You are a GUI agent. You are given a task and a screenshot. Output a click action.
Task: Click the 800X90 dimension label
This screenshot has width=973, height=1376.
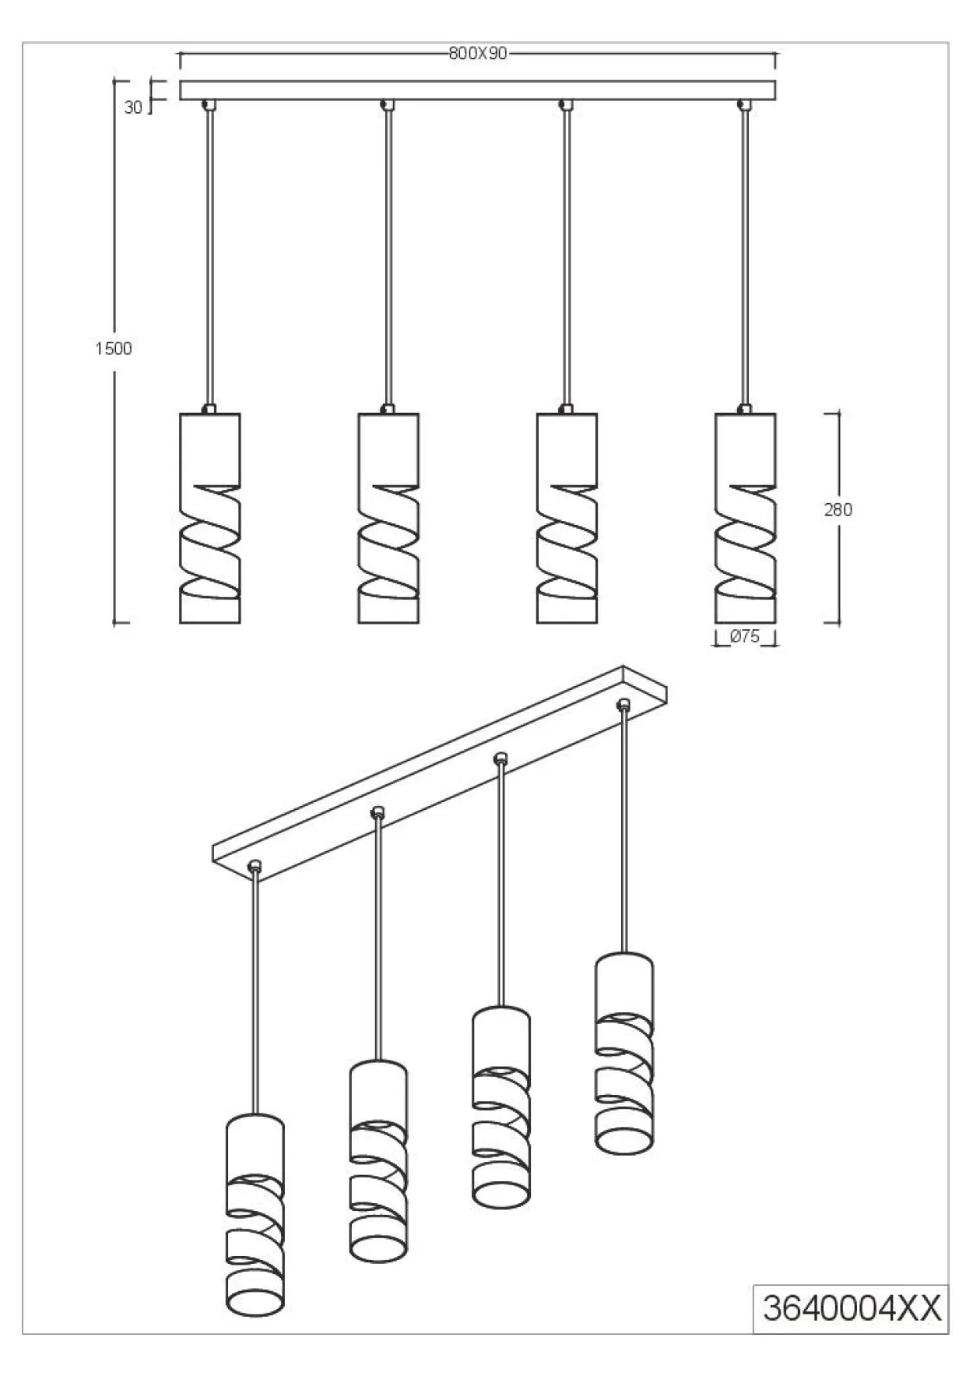478,53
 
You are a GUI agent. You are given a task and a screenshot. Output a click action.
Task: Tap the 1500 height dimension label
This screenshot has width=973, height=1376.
114,348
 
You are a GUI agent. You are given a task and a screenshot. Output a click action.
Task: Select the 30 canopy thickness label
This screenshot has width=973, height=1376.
133,107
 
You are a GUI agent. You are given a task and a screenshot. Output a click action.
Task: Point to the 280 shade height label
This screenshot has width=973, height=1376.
838,509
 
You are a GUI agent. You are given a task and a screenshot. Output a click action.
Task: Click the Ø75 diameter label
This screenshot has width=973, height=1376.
745,636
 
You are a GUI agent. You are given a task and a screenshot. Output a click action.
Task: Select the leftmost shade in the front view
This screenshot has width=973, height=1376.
209,518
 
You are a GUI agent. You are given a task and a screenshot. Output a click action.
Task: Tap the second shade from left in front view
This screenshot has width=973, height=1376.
388,518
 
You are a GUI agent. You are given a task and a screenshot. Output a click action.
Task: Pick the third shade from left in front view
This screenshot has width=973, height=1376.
567,518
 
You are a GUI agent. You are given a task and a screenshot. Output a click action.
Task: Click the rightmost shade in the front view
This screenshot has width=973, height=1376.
745,518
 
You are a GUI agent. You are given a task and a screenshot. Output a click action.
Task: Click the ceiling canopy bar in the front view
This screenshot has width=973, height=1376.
478,90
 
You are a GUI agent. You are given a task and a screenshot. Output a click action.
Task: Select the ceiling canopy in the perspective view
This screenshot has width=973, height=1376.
440,776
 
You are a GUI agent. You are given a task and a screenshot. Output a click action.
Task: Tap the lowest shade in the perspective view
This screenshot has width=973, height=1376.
255,1216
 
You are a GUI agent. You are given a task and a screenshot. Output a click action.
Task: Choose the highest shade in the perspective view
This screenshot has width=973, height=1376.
624,1053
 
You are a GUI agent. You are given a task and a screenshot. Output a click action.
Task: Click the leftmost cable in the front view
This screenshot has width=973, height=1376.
209,257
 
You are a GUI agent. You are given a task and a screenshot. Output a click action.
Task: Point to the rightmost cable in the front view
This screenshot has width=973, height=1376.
745,257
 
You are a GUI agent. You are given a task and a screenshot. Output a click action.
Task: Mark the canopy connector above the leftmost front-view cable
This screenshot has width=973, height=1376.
209,104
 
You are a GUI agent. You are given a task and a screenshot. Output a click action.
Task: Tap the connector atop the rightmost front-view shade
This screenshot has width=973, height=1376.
745,409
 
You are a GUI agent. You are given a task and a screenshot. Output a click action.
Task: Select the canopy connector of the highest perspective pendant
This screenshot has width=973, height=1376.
623,704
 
